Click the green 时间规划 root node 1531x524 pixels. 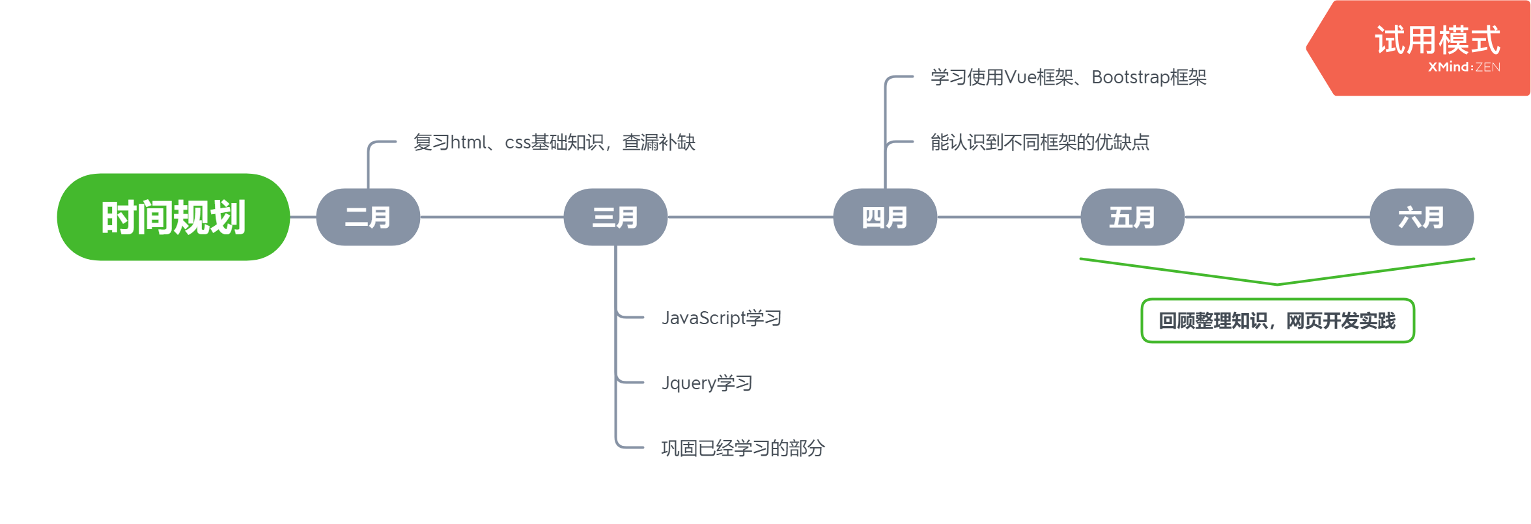(173, 217)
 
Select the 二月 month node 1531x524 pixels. (368, 217)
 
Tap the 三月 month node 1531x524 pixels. (615, 217)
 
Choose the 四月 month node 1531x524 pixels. (885, 217)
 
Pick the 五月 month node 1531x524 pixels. (1132, 217)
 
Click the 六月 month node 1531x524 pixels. (1422, 217)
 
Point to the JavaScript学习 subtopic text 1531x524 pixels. (721, 318)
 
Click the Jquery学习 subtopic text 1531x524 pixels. (707, 383)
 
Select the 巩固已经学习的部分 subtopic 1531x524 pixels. (742, 448)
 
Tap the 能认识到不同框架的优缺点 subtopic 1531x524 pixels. (1039, 142)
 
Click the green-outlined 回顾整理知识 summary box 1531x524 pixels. (1278, 320)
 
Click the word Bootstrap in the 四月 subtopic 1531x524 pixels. (1130, 77)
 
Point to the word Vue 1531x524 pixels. (1020, 77)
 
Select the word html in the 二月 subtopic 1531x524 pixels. (468, 142)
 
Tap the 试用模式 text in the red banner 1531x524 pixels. (1437, 40)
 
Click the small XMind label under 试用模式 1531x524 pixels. (1450, 66)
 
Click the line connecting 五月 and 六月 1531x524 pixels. (1277, 217)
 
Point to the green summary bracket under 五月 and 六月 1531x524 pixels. (1276, 283)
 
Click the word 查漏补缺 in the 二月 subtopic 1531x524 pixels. (658, 142)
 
